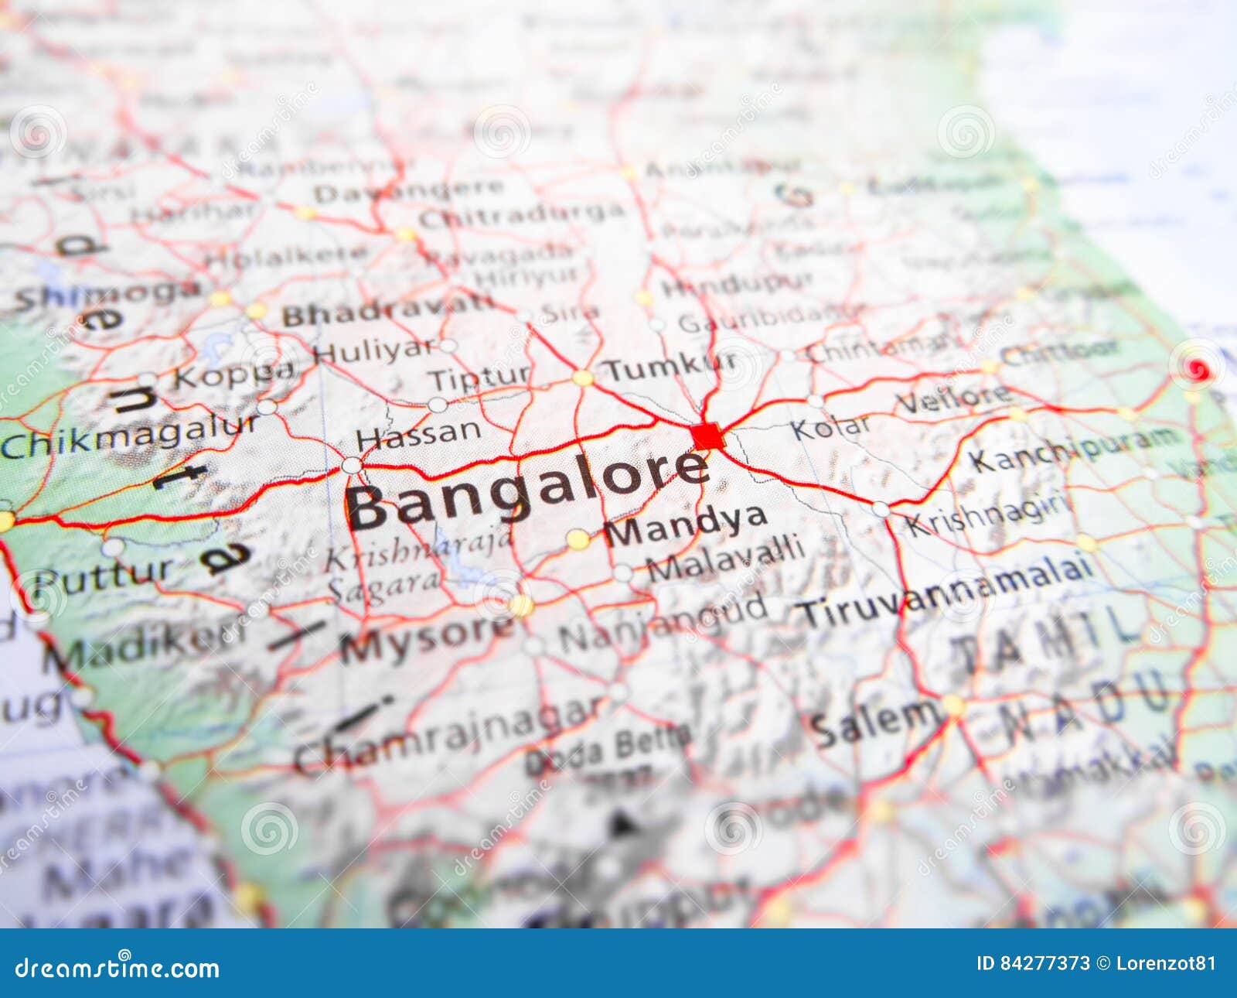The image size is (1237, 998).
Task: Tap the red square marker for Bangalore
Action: click(707, 436)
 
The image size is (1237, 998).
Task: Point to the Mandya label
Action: click(685, 527)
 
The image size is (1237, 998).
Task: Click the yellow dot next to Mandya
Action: click(578, 539)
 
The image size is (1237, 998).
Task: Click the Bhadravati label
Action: click(387, 311)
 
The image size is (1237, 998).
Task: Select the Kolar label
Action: click(830, 426)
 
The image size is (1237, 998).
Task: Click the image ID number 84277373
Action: click(1044, 963)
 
